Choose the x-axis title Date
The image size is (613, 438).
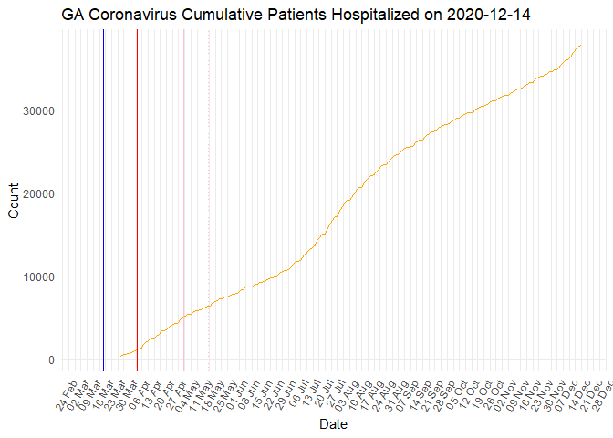coord(332,424)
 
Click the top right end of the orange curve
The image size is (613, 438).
coord(581,45)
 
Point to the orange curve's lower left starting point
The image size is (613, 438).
coord(120,357)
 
